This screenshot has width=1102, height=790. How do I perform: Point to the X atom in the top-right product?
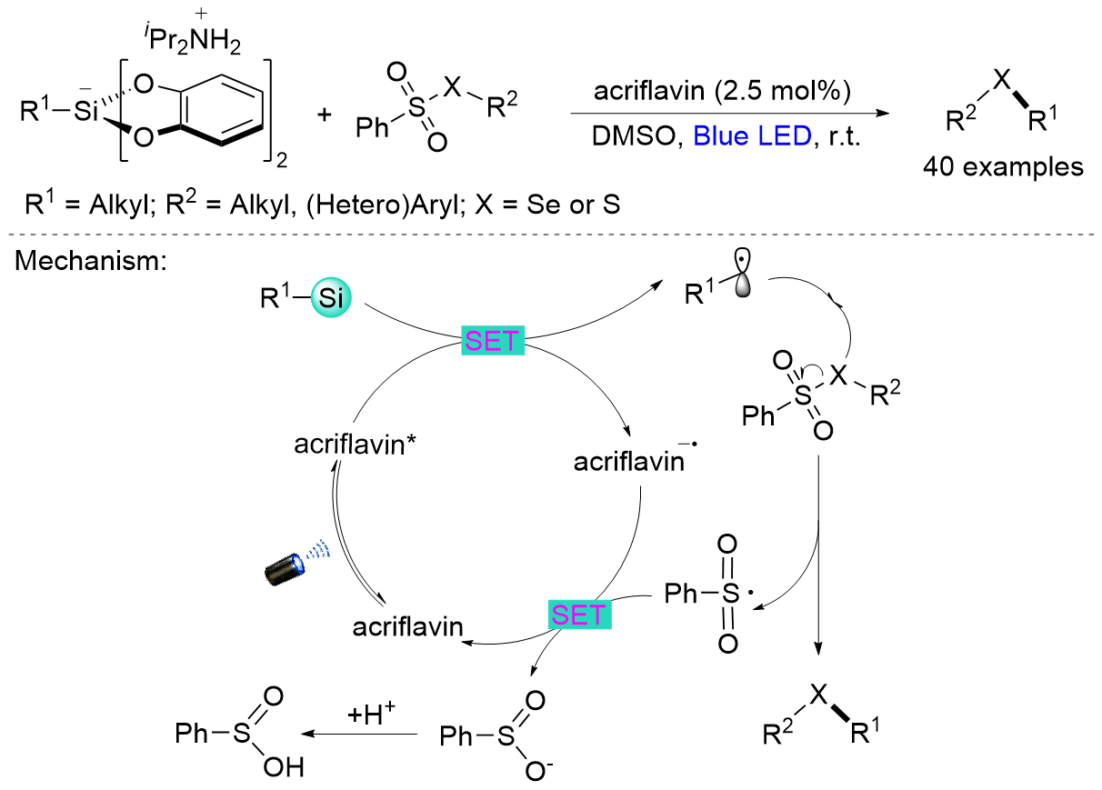(x=1000, y=81)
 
